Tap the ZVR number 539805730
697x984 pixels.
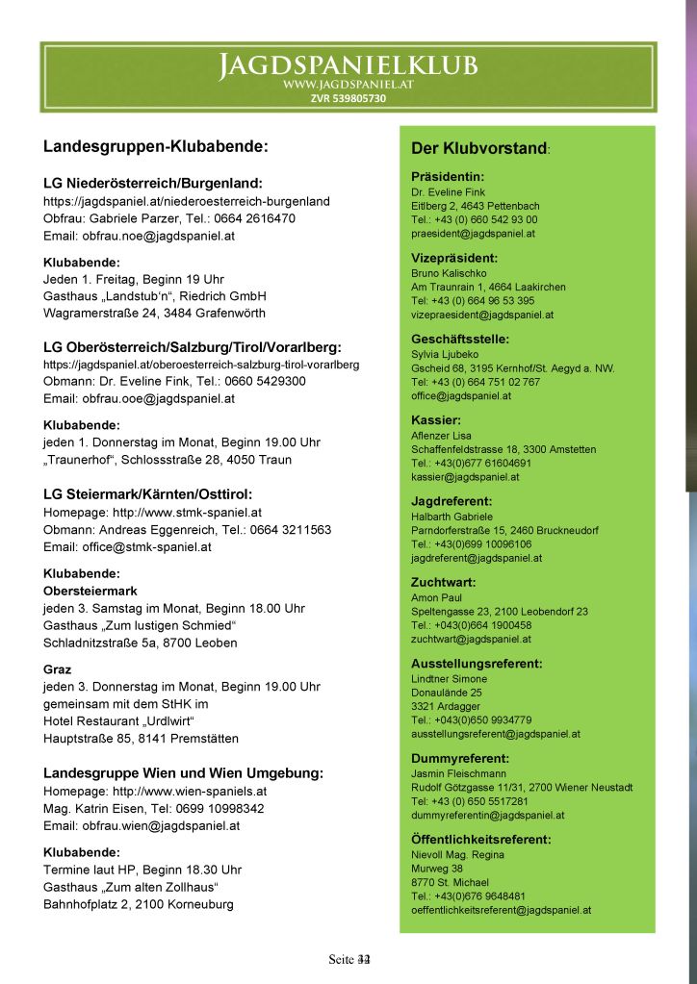point(348,98)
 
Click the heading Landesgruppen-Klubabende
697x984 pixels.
point(155,147)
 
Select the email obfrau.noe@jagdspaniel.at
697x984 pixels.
point(139,236)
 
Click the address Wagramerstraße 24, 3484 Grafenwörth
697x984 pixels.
point(154,313)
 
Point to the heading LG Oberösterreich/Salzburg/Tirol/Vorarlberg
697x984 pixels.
point(193,346)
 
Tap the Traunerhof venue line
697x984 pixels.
point(168,460)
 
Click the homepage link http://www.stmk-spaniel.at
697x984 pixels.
point(152,513)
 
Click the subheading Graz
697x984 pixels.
point(58,669)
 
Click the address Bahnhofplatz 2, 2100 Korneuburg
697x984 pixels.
point(138,904)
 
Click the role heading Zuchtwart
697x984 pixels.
point(444,582)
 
